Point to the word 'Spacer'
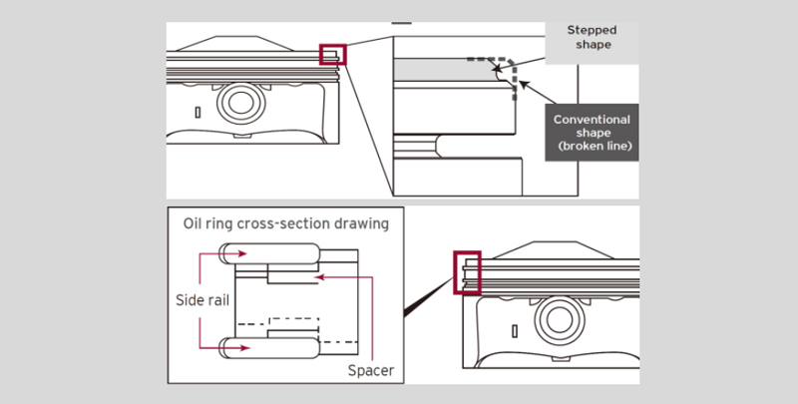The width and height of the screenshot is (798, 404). [371, 370]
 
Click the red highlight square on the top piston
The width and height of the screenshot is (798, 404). [332, 53]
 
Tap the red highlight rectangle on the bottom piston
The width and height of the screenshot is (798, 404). [467, 272]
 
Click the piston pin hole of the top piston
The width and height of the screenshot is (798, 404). [239, 100]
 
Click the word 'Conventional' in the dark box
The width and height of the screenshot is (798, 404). [595, 120]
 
